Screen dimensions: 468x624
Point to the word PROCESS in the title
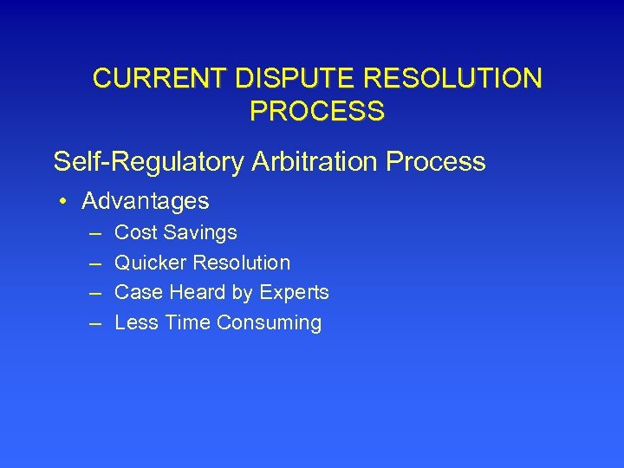[x=316, y=111]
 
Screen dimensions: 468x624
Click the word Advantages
[x=146, y=202]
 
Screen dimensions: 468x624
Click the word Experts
[x=291, y=293]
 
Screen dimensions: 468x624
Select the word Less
[x=133, y=323]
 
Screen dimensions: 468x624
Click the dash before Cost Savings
[x=94, y=233]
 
